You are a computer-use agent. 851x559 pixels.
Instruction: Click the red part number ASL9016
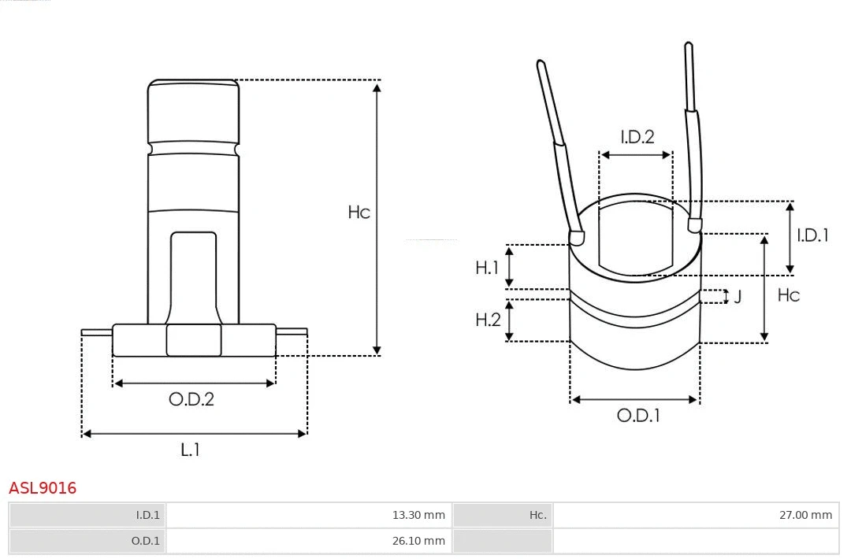43,488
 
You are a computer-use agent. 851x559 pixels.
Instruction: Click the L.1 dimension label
191,450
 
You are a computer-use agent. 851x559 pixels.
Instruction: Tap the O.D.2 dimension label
191,399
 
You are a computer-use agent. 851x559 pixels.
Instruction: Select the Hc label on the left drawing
359,213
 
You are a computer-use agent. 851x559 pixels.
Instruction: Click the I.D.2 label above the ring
637,137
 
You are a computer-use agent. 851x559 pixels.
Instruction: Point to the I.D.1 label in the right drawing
812,235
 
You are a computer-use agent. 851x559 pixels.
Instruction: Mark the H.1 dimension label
487,268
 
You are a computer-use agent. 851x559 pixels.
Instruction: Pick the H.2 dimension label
488,320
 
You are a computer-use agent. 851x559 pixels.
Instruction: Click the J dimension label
738,297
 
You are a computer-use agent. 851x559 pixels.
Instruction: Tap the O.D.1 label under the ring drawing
637,416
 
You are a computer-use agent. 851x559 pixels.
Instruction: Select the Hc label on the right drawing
788,294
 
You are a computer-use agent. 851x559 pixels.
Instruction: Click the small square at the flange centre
194,340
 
